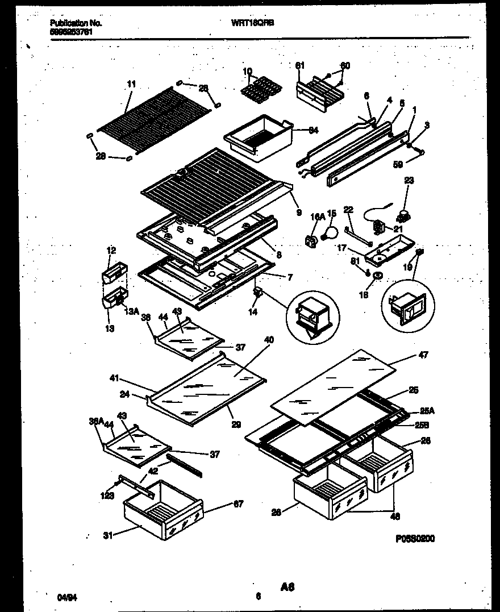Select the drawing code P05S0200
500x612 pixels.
tap(416, 539)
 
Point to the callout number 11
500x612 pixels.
tap(131, 84)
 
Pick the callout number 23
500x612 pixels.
tap(409, 181)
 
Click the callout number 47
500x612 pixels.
tap(423, 355)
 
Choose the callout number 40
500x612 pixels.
tap(269, 340)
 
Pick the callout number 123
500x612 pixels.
tap(108, 496)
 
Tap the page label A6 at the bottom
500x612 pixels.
tap(287, 586)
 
